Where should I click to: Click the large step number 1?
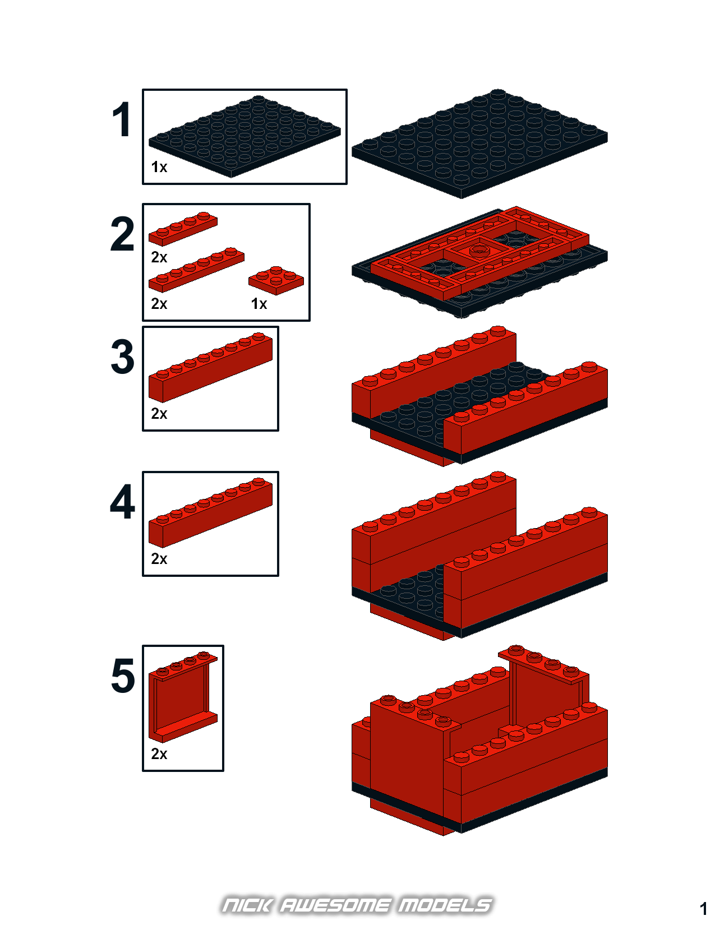tap(122, 119)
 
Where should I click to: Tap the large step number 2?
tap(122, 234)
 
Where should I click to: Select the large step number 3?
tap(123, 357)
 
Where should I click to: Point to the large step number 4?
tap(123, 502)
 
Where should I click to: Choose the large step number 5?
tap(123, 676)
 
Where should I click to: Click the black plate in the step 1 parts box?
tap(245, 136)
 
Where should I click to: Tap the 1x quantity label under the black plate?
tap(159, 167)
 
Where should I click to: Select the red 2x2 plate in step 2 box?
tap(276, 280)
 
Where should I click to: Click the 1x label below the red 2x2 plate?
tap(259, 303)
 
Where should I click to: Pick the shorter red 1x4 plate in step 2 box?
tap(183, 229)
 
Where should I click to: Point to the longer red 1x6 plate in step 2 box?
tap(196, 270)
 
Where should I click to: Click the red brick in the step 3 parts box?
tap(210, 367)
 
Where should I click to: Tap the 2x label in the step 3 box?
tap(159, 413)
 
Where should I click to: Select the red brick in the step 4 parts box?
tap(210, 512)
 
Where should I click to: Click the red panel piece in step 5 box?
tap(183, 697)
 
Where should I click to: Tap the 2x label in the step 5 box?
tap(159, 754)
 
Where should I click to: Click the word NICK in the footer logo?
tap(247, 905)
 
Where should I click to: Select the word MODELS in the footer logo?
tap(445, 905)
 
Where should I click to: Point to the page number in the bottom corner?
tap(703, 909)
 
